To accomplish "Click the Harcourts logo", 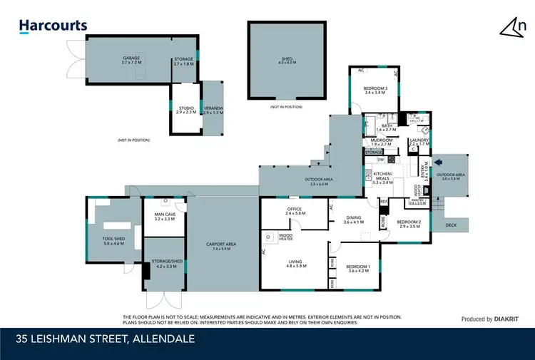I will (53, 26).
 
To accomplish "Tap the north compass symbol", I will (513, 27).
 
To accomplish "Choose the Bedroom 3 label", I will (375, 90).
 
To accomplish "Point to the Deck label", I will (451, 225).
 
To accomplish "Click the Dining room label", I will (354, 220).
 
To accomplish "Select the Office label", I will (295, 210).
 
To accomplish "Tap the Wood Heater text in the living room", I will (285, 237).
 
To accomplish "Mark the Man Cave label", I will (165, 217).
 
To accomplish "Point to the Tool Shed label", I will (113, 241).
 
